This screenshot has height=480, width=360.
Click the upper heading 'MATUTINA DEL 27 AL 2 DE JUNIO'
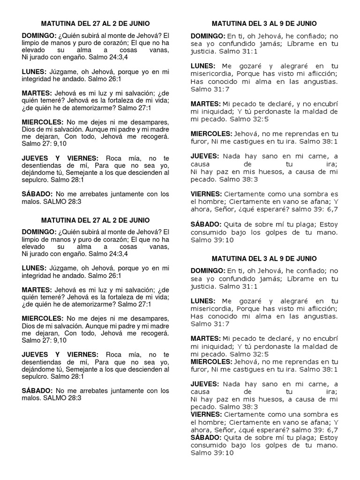(96, 22)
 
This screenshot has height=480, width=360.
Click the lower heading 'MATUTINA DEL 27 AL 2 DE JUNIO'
(96, 220)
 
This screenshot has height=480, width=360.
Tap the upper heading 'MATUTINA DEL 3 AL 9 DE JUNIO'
(264, 23)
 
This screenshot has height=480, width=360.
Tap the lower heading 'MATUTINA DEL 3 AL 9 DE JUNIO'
(264, 258)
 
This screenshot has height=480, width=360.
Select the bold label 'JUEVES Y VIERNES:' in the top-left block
(60, 158)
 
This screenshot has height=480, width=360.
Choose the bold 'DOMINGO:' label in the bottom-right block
(208, 271)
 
